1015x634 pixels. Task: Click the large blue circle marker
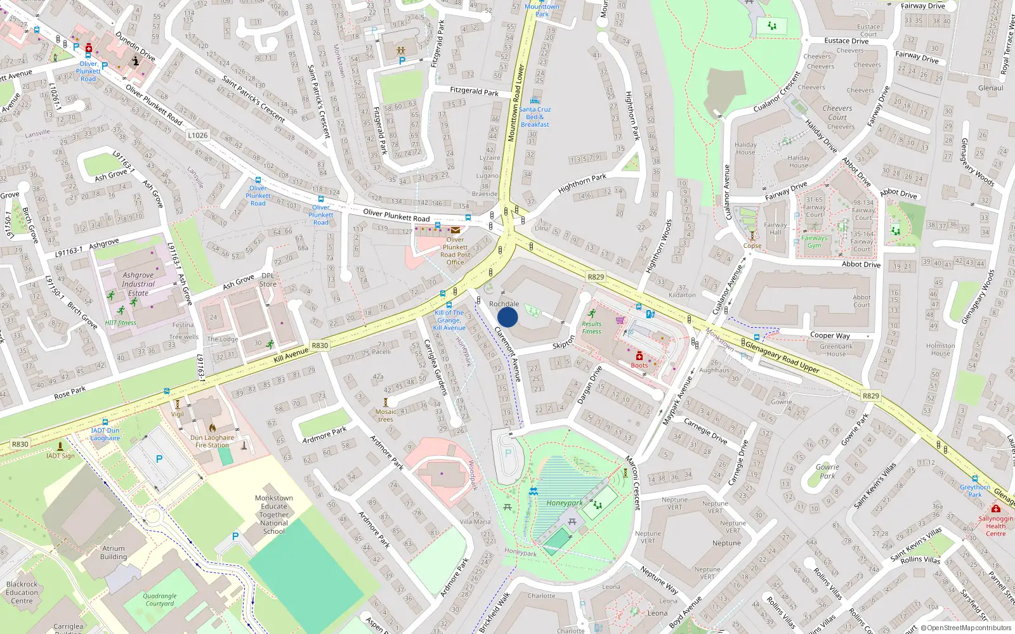[507, 316]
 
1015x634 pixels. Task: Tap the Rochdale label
[504, 304]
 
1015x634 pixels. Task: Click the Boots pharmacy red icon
[639, 356]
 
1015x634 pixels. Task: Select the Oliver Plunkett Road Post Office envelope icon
[455, 230]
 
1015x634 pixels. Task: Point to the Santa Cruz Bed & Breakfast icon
[535, 100]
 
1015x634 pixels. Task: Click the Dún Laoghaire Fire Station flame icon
[213, 428]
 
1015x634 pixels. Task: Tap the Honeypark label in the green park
[564, 503]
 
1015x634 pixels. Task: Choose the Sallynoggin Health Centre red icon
[995, 509]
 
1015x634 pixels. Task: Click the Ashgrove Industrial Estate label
[138, 284]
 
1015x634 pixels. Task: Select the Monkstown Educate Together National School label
[274, 515]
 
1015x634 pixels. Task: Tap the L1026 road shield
[198, 135]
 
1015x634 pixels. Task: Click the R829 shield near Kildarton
[596, 277]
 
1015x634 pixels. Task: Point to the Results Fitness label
[591, 328]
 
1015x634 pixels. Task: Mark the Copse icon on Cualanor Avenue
[752, 236]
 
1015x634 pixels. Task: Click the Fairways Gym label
[814, 242]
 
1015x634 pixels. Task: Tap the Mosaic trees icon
[385, 402]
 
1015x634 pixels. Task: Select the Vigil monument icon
[178, 404]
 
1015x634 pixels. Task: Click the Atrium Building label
[114, 553]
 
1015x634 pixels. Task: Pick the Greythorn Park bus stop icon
[975, 479]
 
